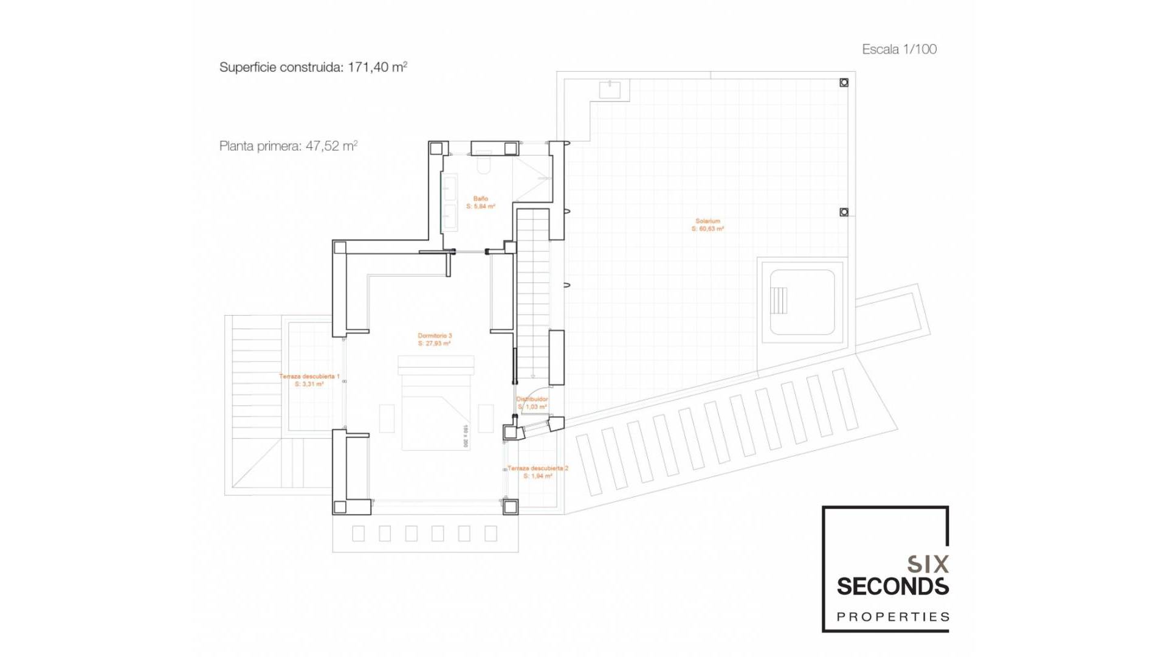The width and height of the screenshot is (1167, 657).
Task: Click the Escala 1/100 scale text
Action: (x=899, y=49)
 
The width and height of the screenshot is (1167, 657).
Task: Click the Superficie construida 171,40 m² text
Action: (x=313, y=67)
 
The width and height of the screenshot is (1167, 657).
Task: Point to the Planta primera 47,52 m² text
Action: (x=288, y=146)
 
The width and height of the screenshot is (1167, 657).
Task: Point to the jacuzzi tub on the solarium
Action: (x=802, y=302)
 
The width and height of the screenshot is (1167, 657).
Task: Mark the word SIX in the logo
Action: (x=928, y=565)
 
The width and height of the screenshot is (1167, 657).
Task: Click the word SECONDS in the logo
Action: (x=892, y=587)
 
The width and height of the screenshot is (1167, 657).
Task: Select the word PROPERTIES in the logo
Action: (x=892, y=617)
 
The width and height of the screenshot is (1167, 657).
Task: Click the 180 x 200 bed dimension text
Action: (x=466, y=436)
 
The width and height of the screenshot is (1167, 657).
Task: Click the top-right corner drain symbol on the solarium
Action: (x=844, y=83)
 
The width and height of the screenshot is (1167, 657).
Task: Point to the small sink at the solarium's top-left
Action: (x=610, y=89)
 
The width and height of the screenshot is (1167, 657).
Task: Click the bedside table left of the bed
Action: (x=387, y=418)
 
